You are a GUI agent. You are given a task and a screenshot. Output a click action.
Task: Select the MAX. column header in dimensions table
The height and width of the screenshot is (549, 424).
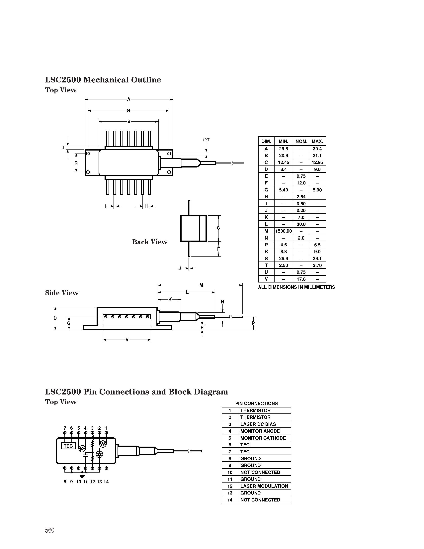click(x=317, y=141)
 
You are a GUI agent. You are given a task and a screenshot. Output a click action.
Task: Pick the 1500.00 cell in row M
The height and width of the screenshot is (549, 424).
click(x=283, y=231)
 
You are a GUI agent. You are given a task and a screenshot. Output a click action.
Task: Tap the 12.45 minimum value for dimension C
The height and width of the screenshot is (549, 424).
click(x=283, y=162)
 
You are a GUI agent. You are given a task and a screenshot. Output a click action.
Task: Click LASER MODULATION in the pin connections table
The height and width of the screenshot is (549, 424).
click(x=264, y=486)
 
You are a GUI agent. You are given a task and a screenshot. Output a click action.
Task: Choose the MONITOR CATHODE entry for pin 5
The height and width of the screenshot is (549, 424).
click(x=263, y=438)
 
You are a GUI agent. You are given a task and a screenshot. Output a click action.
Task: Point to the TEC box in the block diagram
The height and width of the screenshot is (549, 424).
click(x=68, y=446)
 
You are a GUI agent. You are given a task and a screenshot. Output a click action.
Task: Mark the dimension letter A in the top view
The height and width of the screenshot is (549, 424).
click(x=129, y=99)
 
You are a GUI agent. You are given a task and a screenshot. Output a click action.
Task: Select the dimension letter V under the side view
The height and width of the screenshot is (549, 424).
click(x=127, y=340)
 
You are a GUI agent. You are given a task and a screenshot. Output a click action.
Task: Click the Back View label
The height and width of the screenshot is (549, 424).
click(x=150, y=242)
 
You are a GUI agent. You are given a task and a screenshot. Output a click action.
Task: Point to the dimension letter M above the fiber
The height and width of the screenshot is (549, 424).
click(x=201, y=285)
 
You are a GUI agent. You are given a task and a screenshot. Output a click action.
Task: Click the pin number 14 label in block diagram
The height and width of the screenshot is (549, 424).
click(x=106, y=482)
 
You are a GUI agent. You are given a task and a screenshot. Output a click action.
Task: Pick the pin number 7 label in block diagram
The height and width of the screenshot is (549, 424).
click(x=65, y=428)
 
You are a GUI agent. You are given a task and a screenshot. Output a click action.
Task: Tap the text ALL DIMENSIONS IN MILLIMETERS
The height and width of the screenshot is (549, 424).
click(x=296, y=287)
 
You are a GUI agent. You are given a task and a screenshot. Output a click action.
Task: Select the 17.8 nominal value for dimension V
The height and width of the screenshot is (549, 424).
click(x=301, y=279)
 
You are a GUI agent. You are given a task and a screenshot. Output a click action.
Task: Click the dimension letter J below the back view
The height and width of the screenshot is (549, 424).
click(x=179, y=268)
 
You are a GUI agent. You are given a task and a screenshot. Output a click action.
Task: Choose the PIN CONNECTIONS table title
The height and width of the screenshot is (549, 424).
click(x=256, y=403)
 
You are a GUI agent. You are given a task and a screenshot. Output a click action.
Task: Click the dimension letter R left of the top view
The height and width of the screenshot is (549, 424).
click(x=76, y=163)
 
